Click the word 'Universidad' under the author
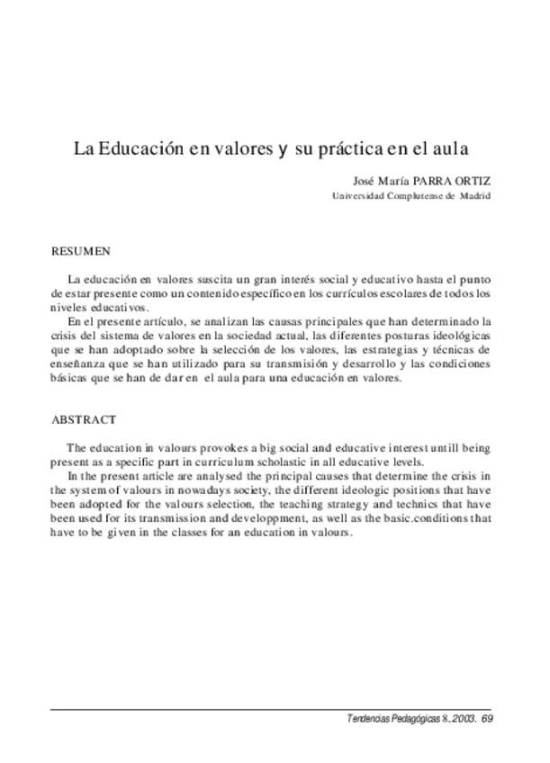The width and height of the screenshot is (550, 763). pos(358,195)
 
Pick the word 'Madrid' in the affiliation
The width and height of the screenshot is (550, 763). pos(476,195)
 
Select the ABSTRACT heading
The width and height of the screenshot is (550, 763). pos(84,419)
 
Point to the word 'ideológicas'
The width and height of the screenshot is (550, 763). pos(458,335)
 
